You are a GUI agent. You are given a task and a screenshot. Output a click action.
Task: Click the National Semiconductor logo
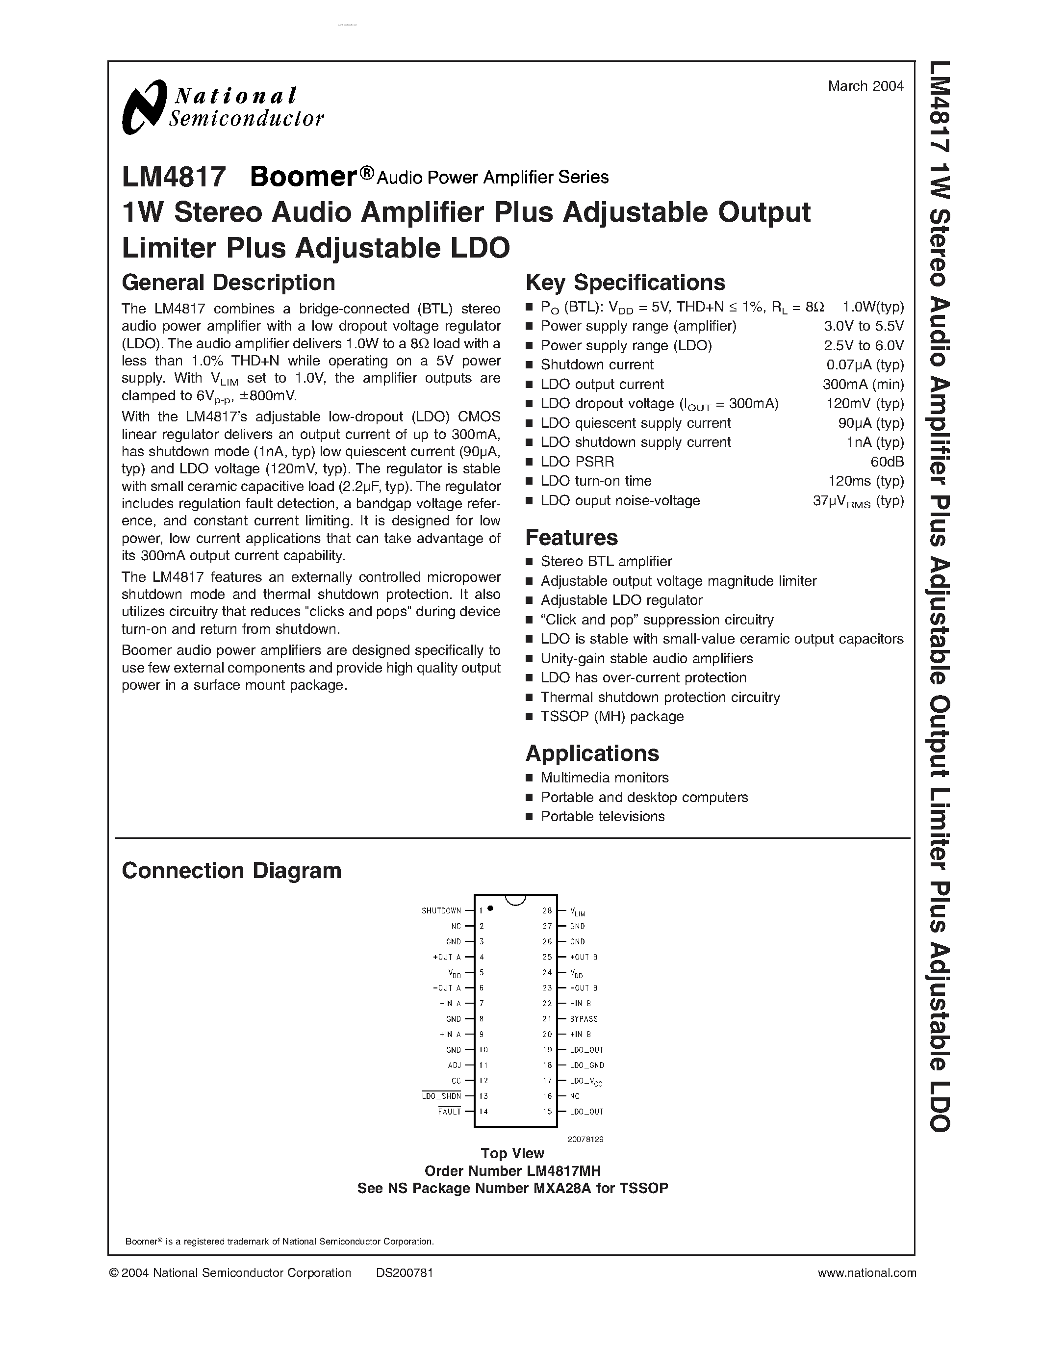pyautogui.click(x=222, y=107)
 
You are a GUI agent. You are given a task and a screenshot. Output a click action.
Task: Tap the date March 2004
pyautogui.click(x=865, y=86)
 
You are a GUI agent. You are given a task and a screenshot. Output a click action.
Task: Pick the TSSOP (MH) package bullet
pyautogui.click(x=612, y=717)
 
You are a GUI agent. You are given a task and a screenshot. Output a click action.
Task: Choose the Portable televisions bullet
pyautogui.click(x=603, y=817)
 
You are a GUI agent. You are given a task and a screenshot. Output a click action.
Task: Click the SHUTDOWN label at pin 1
pyautogui.click(x=441, y=911)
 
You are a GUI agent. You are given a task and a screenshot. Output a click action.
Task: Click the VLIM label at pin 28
pyautogui.click(x=577, y=912)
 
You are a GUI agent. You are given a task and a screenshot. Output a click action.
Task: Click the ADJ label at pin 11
pyautogui.click(x=455, y=1065)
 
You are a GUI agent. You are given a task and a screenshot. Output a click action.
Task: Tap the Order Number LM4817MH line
pyautogui.click(x=512, y=1171)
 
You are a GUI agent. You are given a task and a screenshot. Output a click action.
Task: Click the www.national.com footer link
pyautogui.click(x=866, y=1273)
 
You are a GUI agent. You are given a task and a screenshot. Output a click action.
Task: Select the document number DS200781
pyautogui.click(x=405, y=1273)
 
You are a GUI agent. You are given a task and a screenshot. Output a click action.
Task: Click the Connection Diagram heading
pyautogui.click(x=231, y=871)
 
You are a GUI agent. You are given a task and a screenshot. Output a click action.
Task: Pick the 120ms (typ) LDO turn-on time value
pyautogui.click(x=865, y=481)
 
